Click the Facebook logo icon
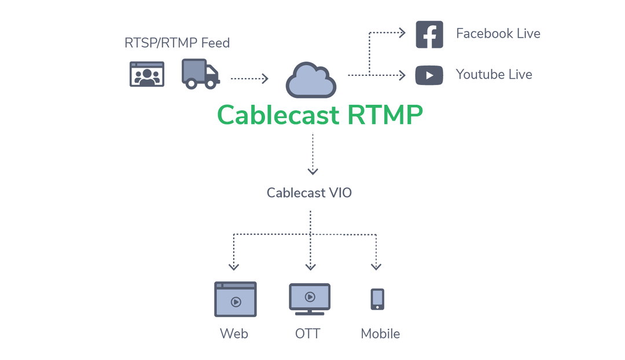429,34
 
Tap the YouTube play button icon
429,75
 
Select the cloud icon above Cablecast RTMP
311,80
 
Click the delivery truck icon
200,74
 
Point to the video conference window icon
147,74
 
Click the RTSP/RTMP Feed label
177,43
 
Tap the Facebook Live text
498,34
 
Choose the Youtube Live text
494,75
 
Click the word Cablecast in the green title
278,115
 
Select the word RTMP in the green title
385,115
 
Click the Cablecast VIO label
309,193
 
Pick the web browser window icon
236,299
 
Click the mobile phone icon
377,299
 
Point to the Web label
234,334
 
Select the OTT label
307,334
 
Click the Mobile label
380,334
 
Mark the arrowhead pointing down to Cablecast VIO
312,171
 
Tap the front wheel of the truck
211,85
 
